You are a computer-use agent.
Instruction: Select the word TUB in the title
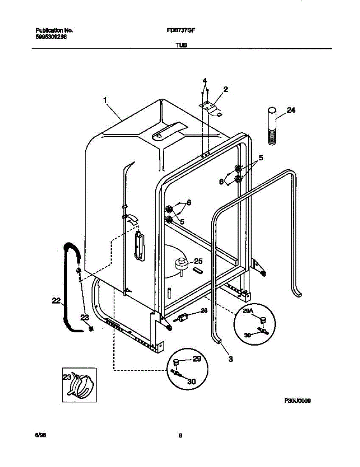point(181,45)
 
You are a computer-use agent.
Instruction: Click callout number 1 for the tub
point(105,100)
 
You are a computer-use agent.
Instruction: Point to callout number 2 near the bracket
point(225,89)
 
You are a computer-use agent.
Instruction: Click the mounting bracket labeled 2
point(211,108)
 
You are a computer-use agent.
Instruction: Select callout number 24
point(291,110)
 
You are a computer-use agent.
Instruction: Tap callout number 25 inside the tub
point(198,261)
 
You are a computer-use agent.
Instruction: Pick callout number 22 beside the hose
point(56,300)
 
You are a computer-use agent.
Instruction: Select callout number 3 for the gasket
point(230,359)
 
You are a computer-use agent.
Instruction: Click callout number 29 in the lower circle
point(197,359)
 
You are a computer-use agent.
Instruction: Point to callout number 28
point(204,311)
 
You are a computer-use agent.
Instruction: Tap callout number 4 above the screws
point(205,81)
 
